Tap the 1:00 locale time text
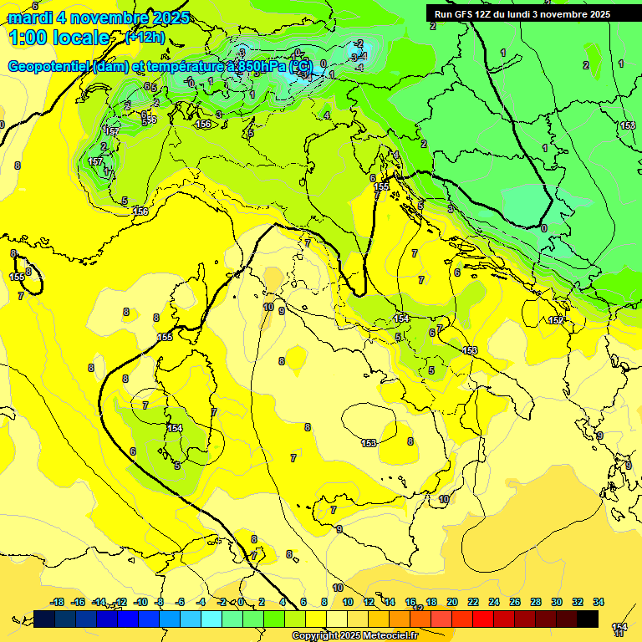59,38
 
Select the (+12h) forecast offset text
145,38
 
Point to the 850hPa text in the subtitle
258,66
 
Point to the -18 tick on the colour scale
58,602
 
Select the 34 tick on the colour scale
598,602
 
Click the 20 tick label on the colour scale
452,602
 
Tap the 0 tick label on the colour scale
241,602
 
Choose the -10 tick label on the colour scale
141,602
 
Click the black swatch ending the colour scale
588,619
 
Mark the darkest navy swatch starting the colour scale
44,619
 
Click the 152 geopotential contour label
556,320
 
